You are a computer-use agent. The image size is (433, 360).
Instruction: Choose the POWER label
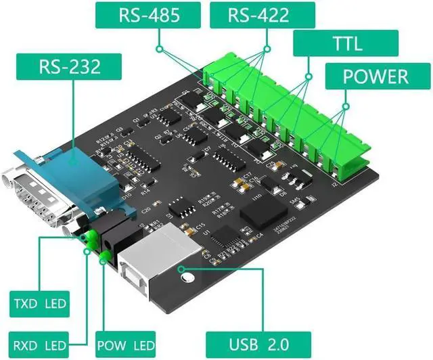pyautogui.click(x=375, y=76)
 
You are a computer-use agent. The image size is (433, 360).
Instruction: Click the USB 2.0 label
pyautogui.click(x=258, y=342)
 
